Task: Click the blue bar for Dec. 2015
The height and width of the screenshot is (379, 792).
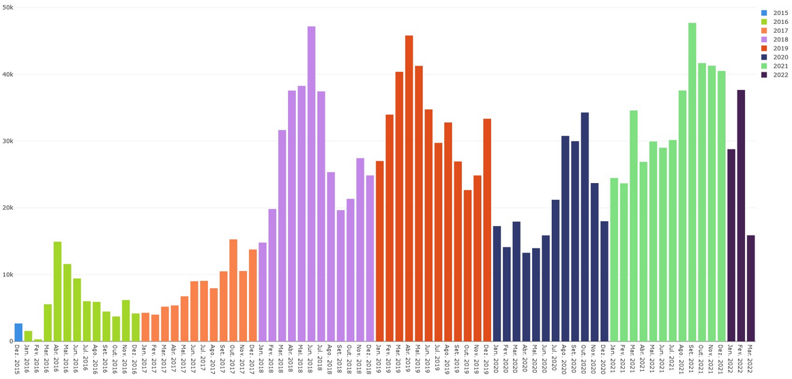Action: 18,333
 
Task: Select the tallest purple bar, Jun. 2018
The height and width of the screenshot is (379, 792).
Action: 311,184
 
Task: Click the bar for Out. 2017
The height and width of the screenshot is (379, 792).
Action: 233,290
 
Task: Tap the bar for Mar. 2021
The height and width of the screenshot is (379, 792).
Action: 634,226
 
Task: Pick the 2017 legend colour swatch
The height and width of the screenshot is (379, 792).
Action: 764,31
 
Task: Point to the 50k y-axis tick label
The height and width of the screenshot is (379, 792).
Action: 8,8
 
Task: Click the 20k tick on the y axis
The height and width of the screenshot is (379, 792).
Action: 8,208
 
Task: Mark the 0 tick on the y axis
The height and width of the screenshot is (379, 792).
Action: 11,341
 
